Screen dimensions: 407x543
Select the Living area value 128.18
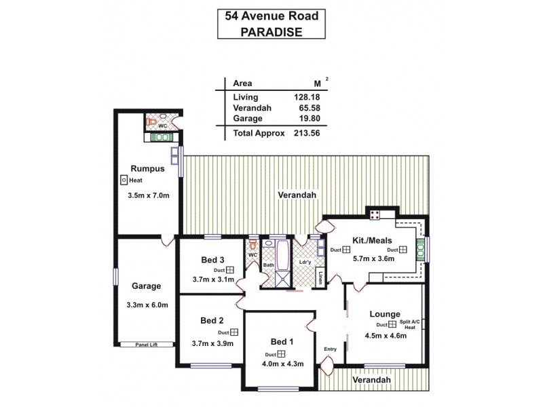305,97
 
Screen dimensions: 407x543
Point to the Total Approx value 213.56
305,133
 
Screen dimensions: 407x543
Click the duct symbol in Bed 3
231,269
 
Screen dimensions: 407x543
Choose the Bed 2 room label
212,320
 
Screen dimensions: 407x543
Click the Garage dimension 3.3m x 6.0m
147,305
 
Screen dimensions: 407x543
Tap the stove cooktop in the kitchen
374,214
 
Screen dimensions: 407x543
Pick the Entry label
331,349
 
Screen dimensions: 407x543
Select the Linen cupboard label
320,277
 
